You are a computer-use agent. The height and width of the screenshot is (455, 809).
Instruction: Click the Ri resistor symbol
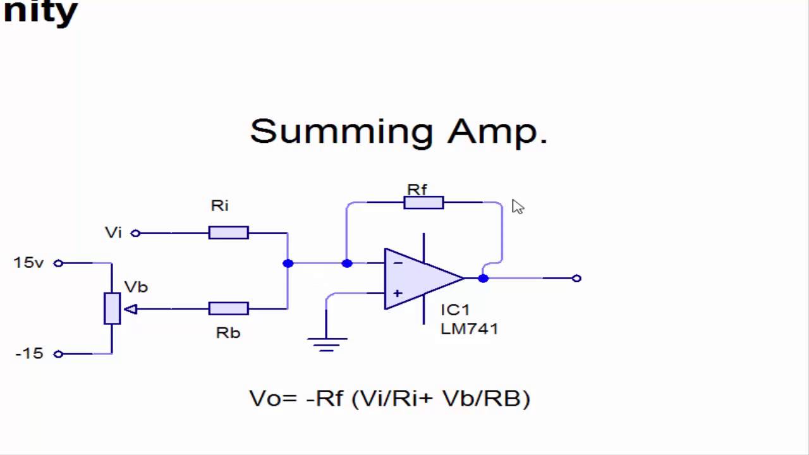228,233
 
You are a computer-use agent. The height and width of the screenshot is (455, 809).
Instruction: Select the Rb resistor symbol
228,309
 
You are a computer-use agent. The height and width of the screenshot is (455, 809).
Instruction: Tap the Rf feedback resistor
423,203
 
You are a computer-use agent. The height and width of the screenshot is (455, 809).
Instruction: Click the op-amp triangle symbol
421,279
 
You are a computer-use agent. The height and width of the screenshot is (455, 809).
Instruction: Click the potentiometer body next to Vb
112,309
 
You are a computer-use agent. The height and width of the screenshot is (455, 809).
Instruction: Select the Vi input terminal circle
135,233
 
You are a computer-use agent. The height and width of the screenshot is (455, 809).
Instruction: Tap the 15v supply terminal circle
58,263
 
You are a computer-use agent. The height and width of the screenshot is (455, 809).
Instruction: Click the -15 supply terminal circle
58,354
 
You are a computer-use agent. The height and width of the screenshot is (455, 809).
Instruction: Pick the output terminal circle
576,278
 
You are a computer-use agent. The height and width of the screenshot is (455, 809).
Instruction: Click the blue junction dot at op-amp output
484,278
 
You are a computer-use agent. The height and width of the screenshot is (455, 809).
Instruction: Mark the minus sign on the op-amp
398,263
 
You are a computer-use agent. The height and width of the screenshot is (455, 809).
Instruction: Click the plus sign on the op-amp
398,293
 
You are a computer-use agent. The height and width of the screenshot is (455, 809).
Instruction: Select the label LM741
470,329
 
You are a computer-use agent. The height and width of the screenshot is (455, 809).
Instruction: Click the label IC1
455,310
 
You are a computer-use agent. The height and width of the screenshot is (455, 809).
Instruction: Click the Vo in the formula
265,399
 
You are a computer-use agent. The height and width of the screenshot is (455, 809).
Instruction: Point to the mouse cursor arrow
517,207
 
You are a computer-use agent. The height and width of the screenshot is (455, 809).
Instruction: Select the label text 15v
28,263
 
